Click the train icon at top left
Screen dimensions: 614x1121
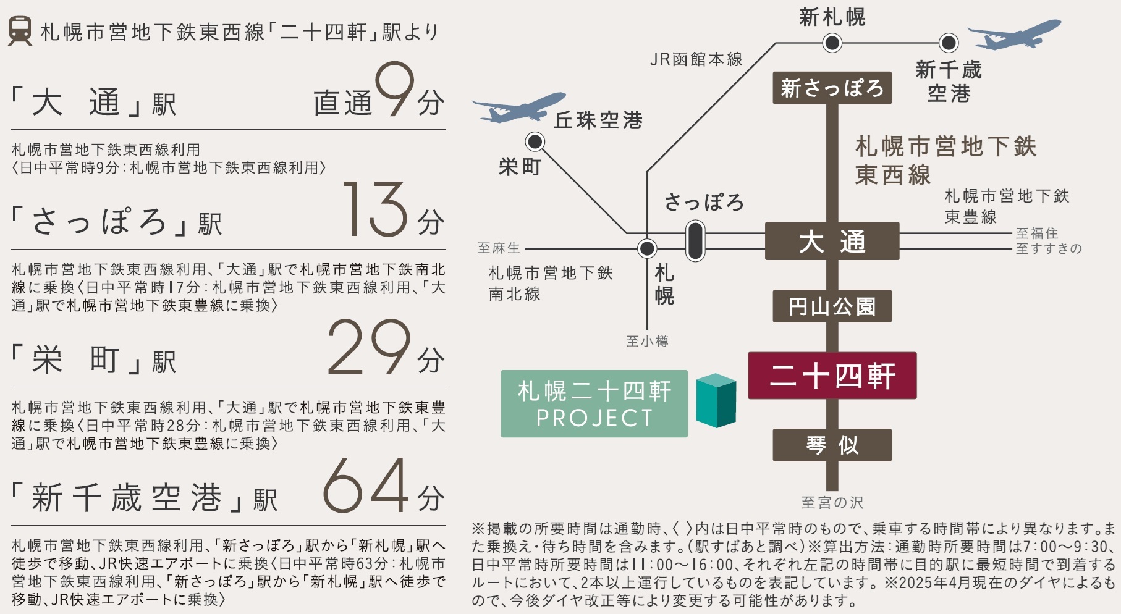[x=20, y=30]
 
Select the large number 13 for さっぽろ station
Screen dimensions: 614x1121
[x=375, y=209]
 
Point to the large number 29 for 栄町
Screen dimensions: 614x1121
[x=368, y=347]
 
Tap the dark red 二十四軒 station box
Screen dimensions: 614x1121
[x=832, y=376]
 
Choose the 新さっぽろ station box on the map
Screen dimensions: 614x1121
[x=832, y=88]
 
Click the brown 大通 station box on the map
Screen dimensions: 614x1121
[x=832, y=241]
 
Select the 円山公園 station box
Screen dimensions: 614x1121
[x=832, y=306]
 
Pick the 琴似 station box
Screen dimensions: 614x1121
[x=832, y=445]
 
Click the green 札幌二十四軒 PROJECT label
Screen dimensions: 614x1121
[x=594, y=404]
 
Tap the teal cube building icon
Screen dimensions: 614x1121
[x=716, y=400]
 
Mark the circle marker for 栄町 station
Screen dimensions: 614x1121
[x=535, y=142]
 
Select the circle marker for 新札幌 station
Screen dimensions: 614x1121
[x=832, y=43]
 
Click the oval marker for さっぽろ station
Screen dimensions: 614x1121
[x=695, y=241]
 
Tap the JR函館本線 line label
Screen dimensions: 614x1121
[x=696, y=59]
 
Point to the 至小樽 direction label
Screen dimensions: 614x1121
[x=647, y=341]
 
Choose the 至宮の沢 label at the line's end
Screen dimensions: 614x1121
[x=832, y=503]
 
